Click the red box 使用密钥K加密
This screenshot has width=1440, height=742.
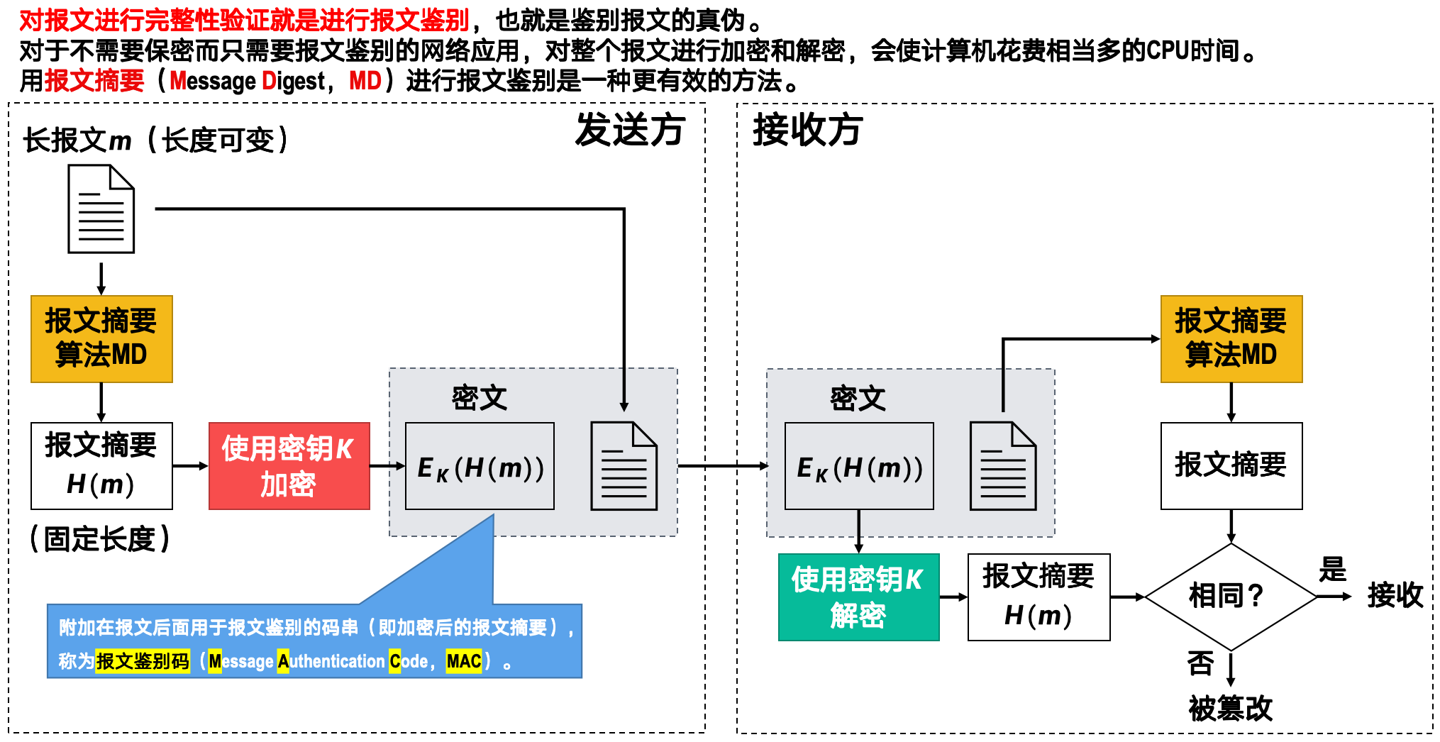click(x=289, y=466)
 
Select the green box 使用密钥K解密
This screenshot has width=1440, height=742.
click(x=858, y=597)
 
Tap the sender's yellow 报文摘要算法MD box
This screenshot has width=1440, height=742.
click(x=101, y=339)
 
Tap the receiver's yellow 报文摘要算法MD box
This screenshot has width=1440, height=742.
click(x=1231, y=339)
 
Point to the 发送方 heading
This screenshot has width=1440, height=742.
click(x=629, y=131)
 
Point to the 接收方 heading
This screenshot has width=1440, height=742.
click(x=807, y=131)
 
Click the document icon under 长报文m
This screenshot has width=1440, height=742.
click(x=101, y=209)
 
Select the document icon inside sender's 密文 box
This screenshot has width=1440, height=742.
click(x=624, y=466)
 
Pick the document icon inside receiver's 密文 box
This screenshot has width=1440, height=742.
click(x=1002, y=466)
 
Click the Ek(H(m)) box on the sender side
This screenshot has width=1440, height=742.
click(x=480, y=466)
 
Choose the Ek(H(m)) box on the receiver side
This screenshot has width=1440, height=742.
click(x=859, y=466)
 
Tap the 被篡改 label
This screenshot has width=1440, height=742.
click(x=1230, y=708)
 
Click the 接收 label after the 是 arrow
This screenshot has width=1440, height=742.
click(x=1395, y=595)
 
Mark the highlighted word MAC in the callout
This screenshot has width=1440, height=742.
click(x=464, y=662)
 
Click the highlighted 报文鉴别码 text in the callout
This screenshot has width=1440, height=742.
click(x=143, y=662)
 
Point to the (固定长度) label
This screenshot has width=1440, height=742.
click(x=100, y=539)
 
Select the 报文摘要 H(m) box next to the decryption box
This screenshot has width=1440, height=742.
click(x=1039, y=597)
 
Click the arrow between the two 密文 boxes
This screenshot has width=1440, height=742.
click(x=722, y=466)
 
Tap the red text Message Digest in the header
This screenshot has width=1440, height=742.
click(x=248, y=82)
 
